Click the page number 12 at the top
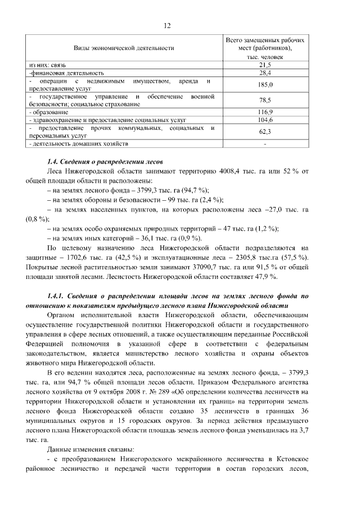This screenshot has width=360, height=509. tap(167, 26)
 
